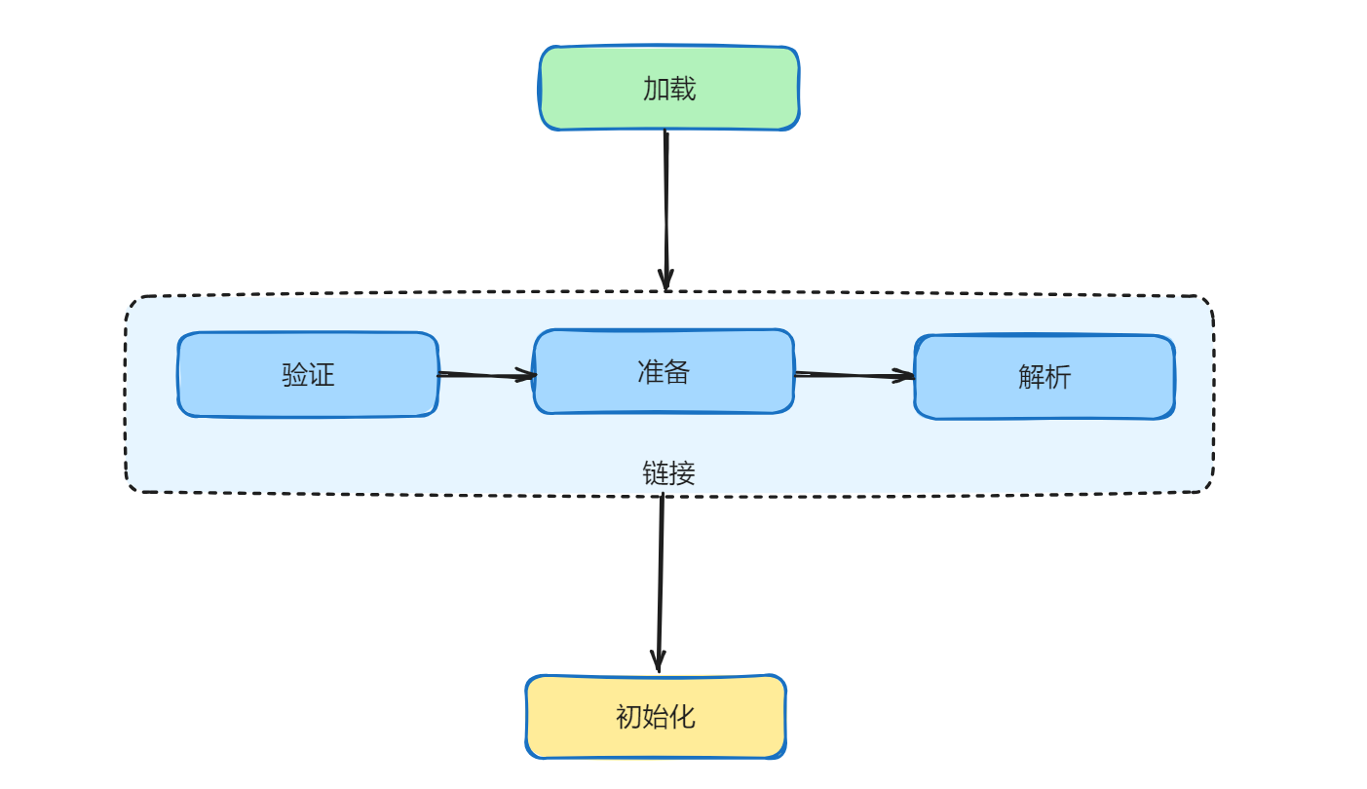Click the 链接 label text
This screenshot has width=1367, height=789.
[668, 473]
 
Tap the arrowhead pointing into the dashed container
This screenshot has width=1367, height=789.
[665, 280]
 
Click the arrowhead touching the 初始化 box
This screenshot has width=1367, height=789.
[659, 661]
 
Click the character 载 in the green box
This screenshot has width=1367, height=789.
[683, 89]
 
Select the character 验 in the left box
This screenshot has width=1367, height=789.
[294, 375]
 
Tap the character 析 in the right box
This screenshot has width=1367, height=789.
[1058, 377]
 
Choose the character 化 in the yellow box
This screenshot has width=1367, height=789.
[682, 717]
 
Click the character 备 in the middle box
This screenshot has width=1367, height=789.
[677, 372]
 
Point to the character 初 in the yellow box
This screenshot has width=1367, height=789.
[628, 717]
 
